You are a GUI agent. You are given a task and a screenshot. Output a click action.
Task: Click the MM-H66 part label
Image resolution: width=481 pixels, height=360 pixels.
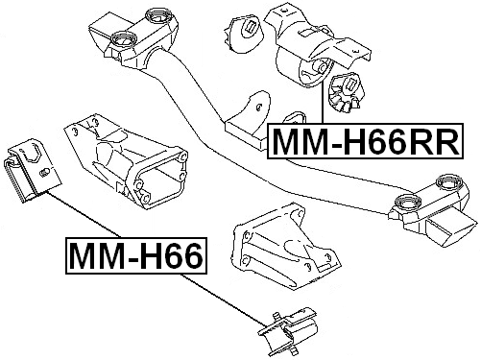click(133, 256)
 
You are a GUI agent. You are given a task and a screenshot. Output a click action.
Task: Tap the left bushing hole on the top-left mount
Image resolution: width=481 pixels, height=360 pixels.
click(122, 40)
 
